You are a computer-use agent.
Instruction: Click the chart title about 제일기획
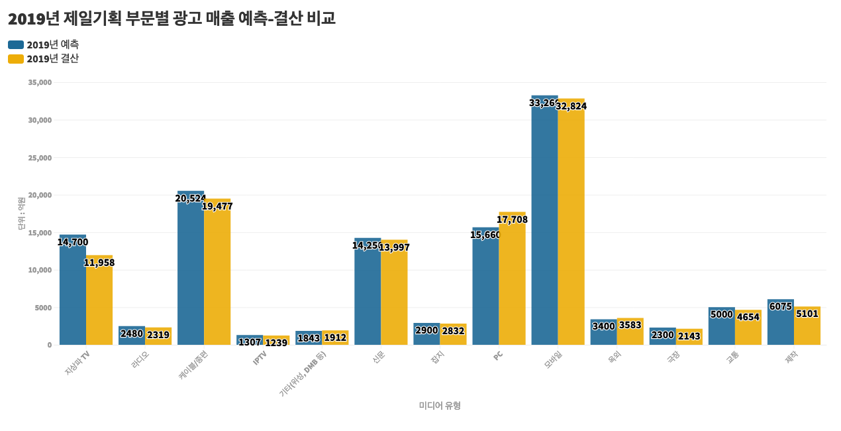click(172, 19)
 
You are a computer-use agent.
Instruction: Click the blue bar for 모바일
click(544, 225)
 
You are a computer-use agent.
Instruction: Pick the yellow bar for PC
click(512, 285)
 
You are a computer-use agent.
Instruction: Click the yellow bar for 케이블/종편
click(217, 278)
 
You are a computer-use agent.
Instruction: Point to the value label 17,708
click(512, 219)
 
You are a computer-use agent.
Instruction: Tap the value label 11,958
click(99, 263)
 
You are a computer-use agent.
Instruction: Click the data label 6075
click(781, 306)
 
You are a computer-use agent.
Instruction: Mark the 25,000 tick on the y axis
click(39, 158)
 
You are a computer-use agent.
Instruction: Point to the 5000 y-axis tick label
click(41, 308)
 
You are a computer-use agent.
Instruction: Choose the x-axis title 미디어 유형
click(440, 405)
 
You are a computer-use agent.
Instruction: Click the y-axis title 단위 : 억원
click(22, 214)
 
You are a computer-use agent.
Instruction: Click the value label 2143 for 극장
click(689, 336)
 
